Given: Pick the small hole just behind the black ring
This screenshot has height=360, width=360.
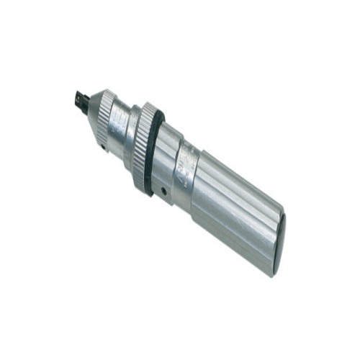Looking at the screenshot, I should pyautogui.click(x=164, y=192).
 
